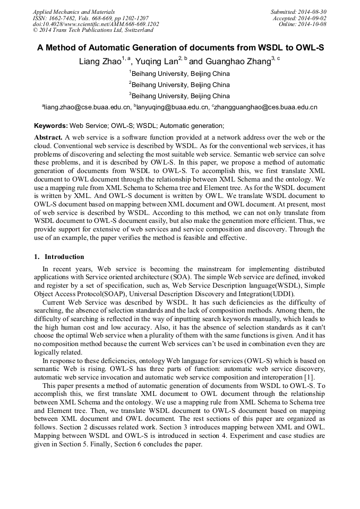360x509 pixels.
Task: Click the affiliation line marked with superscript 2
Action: coord(179,85)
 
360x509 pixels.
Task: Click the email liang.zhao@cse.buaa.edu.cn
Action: coord(88,107)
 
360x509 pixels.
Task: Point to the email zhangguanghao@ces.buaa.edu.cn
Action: coord(265,107)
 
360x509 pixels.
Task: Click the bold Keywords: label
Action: coord(51,126)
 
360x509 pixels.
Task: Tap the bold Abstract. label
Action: coord(48,137)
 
